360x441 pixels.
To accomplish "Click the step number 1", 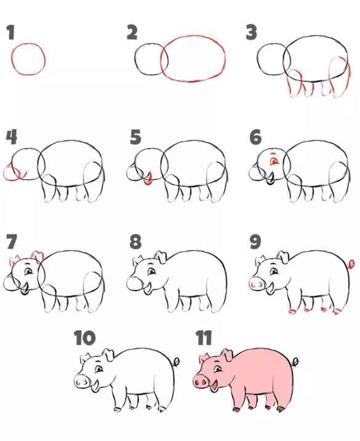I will [x=11, y=33].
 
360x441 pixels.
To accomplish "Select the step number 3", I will [x=251, y=32].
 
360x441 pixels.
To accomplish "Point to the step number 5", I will [x=135, y=136].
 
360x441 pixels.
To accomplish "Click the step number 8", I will [x=135, y=241].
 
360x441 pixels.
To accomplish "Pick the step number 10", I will [x=85, y=338].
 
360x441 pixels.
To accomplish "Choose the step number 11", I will [x=204, y=338].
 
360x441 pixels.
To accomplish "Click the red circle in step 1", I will [x=28, y=59].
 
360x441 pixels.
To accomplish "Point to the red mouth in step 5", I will [x=148, y=180].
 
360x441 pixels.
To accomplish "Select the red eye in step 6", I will [x=274, y=161].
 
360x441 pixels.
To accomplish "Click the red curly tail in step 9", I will [x=351, y=264].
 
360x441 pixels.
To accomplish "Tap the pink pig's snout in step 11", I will [x=201, y=382].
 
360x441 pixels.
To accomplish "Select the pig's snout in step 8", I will [x=134, y=284].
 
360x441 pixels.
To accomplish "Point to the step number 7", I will [x=11, y=241].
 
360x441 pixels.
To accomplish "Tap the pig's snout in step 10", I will [x=82, y=382].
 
